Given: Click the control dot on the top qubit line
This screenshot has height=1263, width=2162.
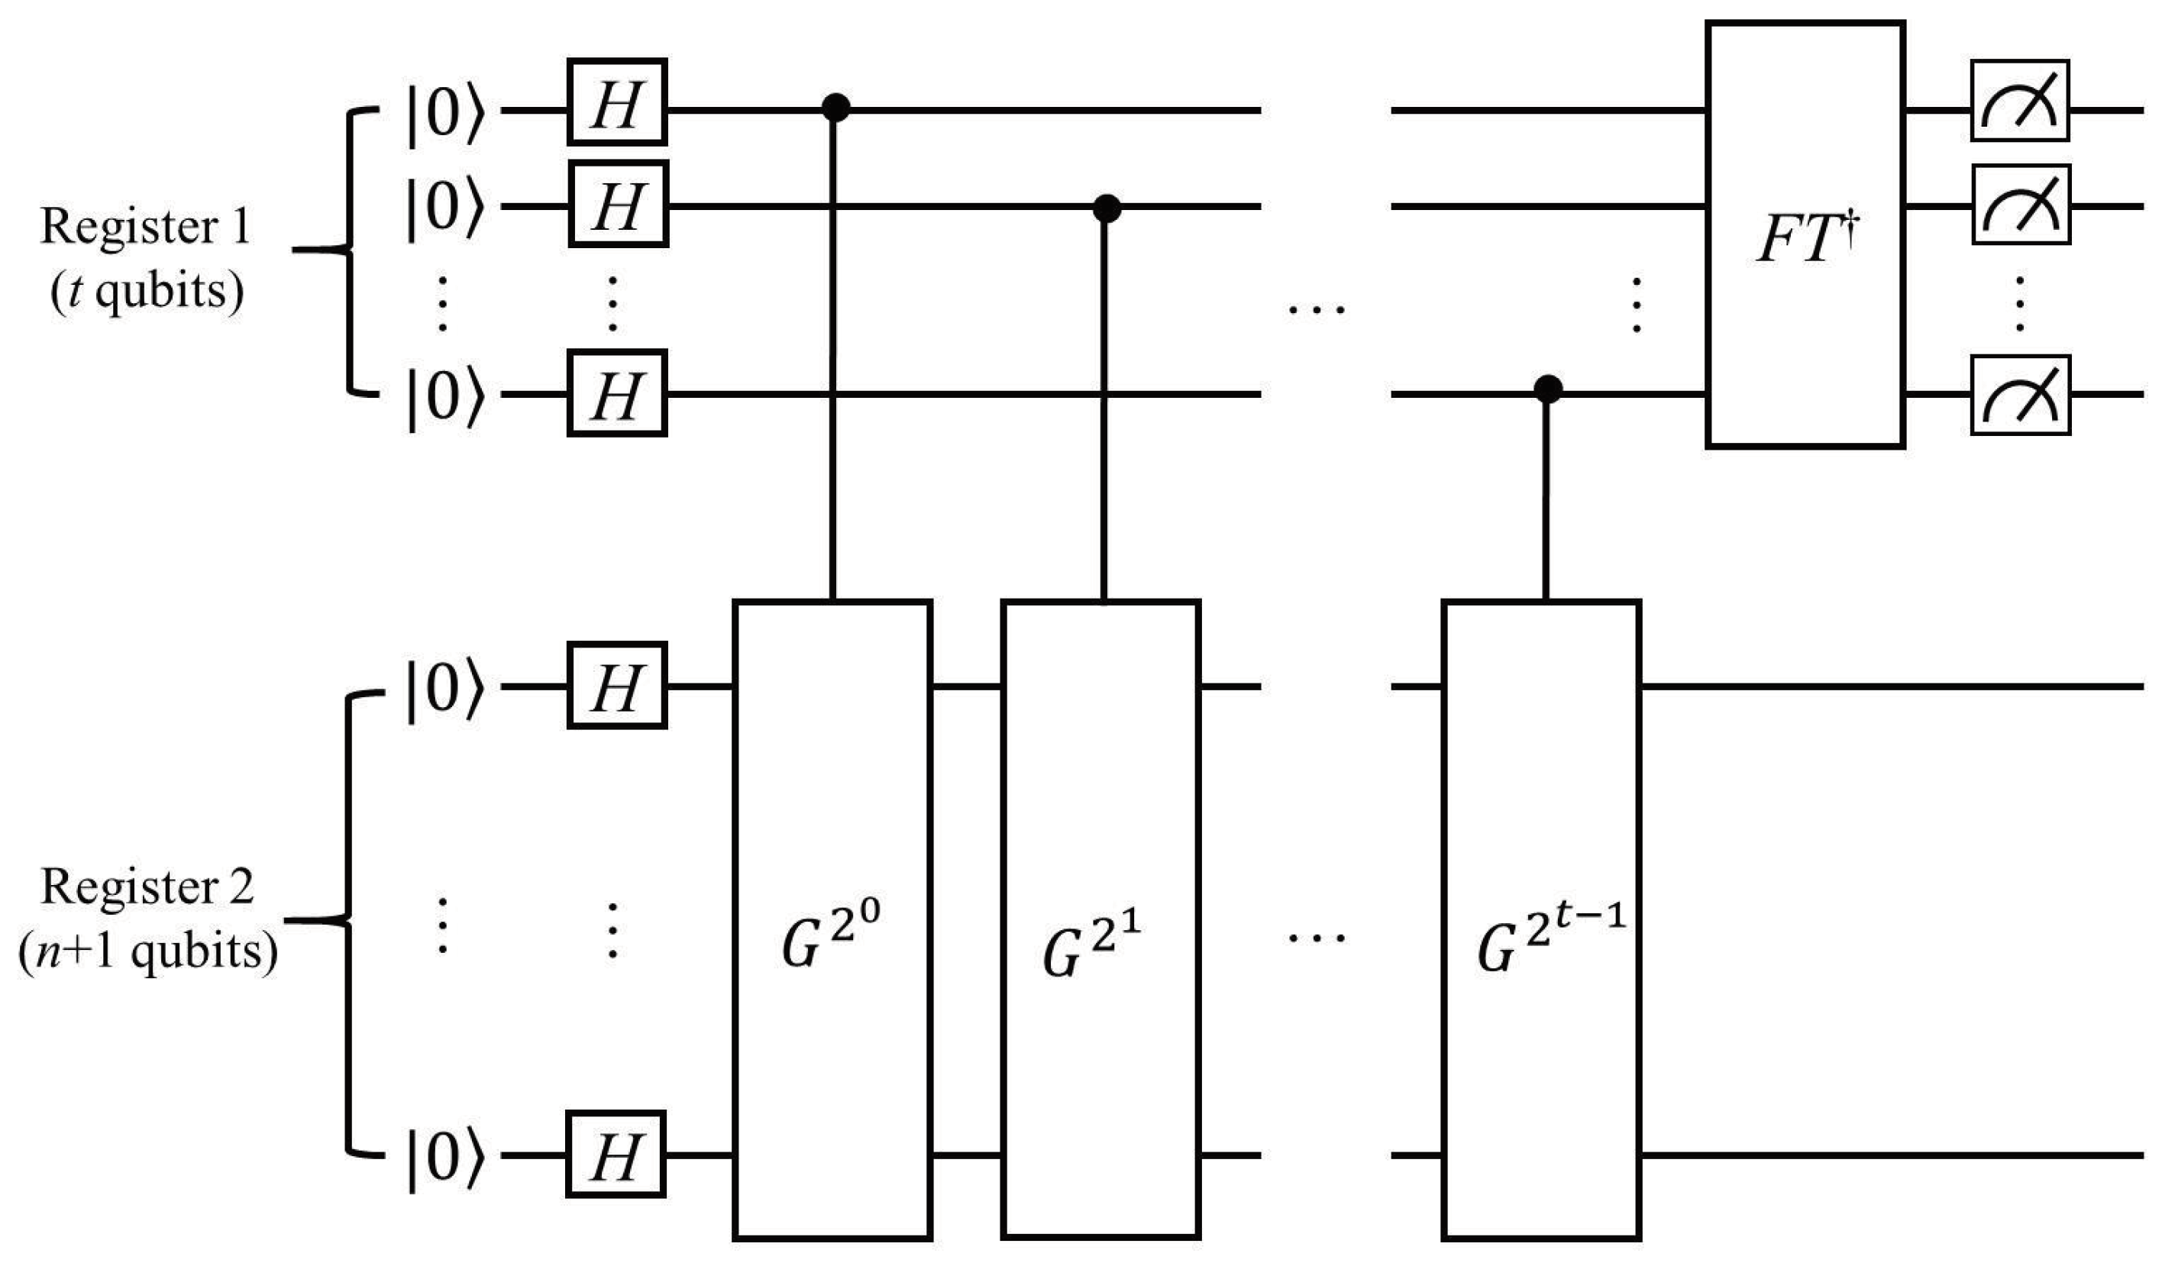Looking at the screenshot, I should (x=835, y=108).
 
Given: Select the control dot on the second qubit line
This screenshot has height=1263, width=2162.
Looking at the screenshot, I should (x=1107, y=207).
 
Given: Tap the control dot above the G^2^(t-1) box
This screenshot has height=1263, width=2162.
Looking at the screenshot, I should (x=1548, y=390).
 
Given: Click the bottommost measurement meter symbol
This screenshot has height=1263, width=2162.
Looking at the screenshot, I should (x=2020, y=396).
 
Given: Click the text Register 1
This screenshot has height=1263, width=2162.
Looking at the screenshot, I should (x=146, y=228).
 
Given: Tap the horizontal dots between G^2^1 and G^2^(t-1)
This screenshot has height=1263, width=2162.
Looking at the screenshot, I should (x=1317, y=937).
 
